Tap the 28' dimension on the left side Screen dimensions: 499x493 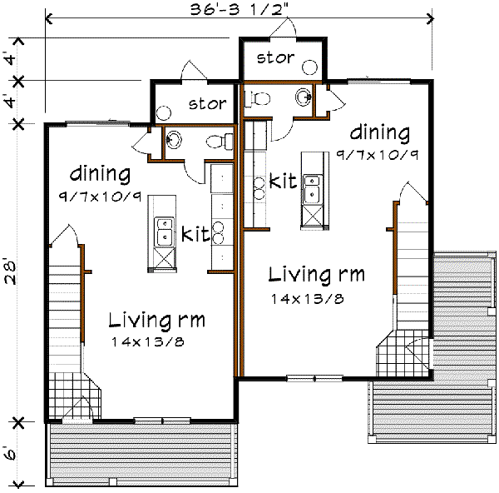click(10, 273)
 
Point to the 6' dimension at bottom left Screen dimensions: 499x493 click(10, 452)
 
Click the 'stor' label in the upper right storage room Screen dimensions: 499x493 click(275, 58)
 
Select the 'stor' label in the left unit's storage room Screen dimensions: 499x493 click(207, 103)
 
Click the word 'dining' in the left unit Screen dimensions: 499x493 click(101, 174)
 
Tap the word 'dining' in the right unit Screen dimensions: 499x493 click(380, 132)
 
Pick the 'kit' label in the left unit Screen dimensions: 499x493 click(195, 234)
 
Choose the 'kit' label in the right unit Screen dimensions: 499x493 click(283, 181)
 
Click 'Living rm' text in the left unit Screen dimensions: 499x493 click(156, 321)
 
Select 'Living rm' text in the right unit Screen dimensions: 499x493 click(316, 275)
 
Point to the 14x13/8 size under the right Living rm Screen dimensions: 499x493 click(308, 299)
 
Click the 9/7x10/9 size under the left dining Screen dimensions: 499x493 click(100, 197)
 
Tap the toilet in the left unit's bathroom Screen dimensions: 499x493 click(220, 142)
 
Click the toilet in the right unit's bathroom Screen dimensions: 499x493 click(257, 99)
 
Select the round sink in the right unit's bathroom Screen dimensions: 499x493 click(304, 97)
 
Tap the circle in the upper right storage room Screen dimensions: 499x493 click(309, 67)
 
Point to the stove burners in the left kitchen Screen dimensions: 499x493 click(218, 233)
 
